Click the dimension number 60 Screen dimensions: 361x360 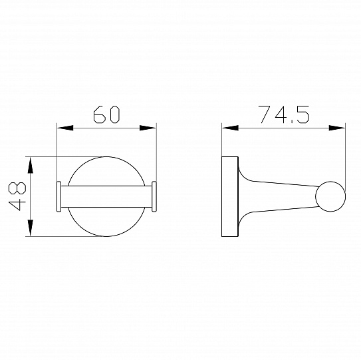[x=106, y=114]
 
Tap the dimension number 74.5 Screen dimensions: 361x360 [x=284, y=114]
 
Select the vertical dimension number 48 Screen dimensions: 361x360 [x=17, y=196]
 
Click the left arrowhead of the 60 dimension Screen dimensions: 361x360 [x=65, y=128]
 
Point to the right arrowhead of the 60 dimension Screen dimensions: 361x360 [x=148, y=128]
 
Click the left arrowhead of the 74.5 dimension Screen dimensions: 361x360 [x=230, y=128]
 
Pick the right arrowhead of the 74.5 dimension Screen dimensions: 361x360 [x=337, y=128]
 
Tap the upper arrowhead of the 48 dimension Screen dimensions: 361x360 [x=30, y=165]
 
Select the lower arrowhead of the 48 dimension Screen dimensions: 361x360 [x=30, y=228]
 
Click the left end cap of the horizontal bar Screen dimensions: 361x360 [x=59, y=196]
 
